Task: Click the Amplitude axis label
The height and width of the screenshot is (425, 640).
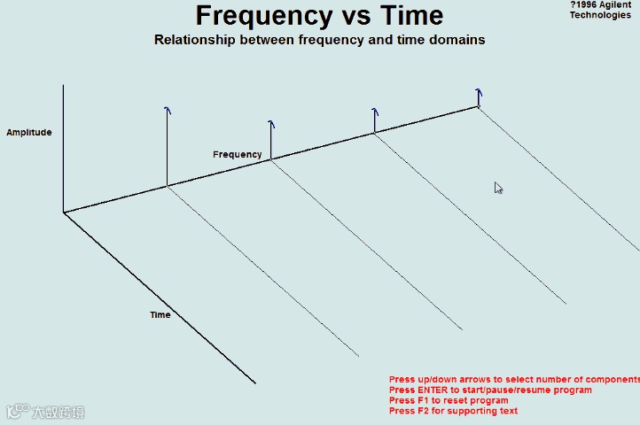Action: pos(29,133)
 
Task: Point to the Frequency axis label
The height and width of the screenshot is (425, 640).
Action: pos(238,155)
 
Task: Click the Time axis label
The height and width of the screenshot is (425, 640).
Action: pos(160,315)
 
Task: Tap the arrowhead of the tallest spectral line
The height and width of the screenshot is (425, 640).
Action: pos(167,110)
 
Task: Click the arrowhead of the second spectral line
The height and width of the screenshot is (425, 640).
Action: pos(271,125)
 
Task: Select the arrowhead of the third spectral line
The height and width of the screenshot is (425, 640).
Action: pos(375,112)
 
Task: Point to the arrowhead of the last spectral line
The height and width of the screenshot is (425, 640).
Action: pos(479,91)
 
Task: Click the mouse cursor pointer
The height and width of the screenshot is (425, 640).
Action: pos(498,187)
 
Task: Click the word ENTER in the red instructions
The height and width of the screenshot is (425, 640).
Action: pos(433,390)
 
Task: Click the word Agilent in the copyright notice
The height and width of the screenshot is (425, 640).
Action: pos(616,5)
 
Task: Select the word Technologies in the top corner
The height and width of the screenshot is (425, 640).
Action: pos(600,15)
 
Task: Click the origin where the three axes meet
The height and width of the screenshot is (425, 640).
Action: pos(64,212)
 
